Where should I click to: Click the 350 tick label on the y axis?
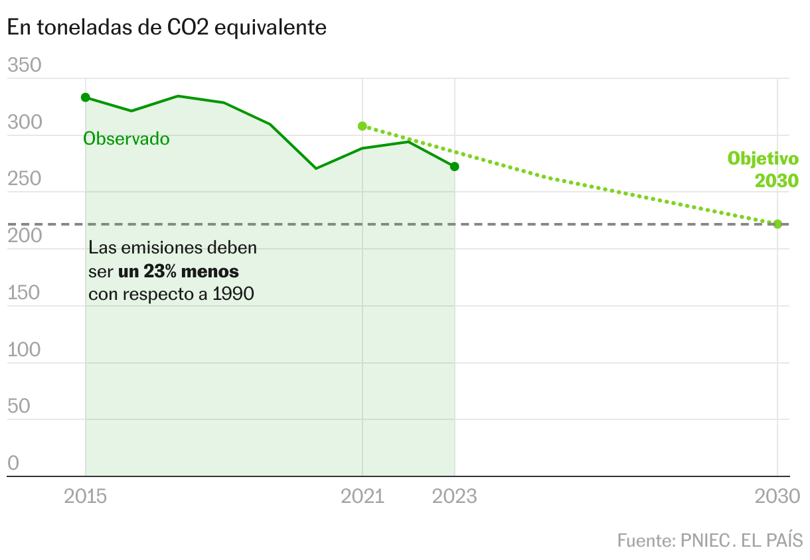click(24, 66)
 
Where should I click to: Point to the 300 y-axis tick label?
click(24, 123)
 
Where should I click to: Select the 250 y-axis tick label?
click(24, 179)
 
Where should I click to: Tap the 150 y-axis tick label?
click(24, 293)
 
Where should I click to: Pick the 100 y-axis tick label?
click(24, 350)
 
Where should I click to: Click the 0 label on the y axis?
click(13, 463)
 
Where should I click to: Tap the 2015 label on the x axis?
click(86, 496)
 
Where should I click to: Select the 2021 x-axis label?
click(363, 496)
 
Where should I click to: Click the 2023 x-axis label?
click(455, 496)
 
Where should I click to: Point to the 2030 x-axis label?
click(777, 496)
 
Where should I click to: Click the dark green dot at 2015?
click(86, 98)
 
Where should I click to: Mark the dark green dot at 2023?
click(455, 167)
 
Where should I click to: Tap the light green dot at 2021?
click(363, 126)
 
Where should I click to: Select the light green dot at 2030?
click(777, 224)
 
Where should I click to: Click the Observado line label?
click(126, 139)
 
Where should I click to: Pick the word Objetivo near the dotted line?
click(763, 159)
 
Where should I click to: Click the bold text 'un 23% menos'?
click(179, 271)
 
